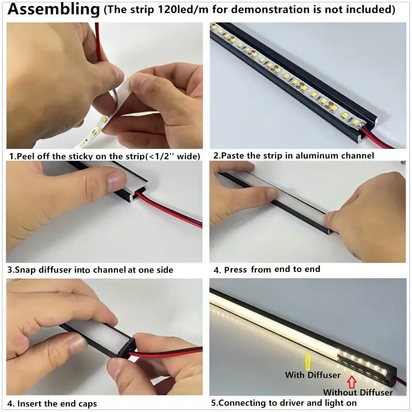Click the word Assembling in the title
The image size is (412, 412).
coord(54,9)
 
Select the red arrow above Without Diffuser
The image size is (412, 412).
coord(352,382)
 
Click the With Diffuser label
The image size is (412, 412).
coord(313,375)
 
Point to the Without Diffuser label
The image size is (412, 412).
coord(357,392)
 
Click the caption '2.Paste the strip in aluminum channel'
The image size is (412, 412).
coord(294,156)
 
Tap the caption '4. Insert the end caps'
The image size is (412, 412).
coord(52,403)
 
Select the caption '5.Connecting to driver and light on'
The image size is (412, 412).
coord(284,403)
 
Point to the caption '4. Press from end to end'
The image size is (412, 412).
coord(267,269)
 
